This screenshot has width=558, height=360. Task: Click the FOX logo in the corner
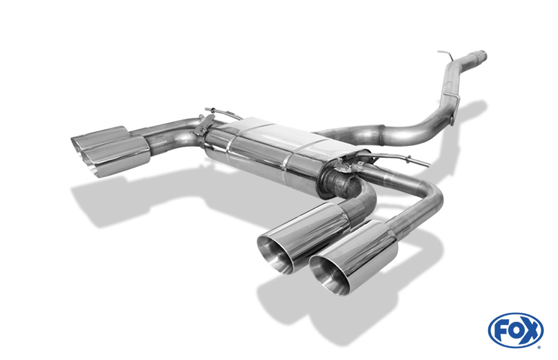point(516,330)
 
